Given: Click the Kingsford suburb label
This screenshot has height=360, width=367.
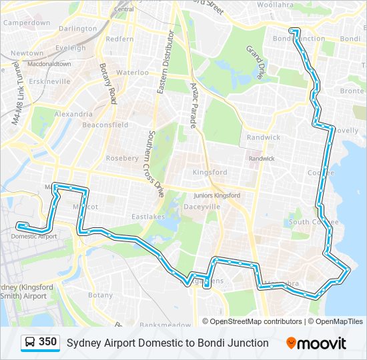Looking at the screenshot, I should pyautogui.click(x=210, y=172).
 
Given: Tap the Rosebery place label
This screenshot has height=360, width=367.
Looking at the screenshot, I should pyautogui.click(x=121, y=159).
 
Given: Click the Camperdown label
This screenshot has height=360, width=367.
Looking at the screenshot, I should pyautogui.click(x=27, y=23).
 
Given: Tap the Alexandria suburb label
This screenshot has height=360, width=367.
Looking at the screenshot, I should pyautogui.click(x=73, y=114).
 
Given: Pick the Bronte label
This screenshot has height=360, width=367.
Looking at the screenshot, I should pyautogui.click(x=352, y=91).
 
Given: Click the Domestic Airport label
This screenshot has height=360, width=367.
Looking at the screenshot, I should pyautogui.click(x=34, y=236).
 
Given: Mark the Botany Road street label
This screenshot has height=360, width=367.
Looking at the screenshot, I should pyautogui.click(x=108, y=83).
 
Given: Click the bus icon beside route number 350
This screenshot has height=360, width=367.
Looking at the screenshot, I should pyautogui.click(x=30, y=343).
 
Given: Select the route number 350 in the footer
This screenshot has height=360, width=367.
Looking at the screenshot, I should pyautogui.click(x=48, y=342).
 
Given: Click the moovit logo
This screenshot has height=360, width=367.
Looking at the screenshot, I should pyautogui.click(x=316, y=343).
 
